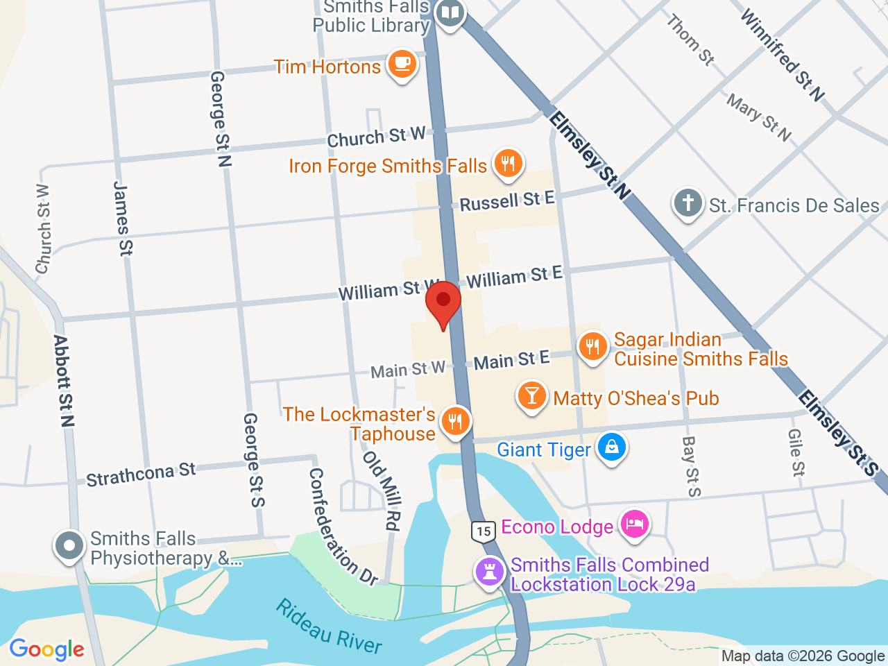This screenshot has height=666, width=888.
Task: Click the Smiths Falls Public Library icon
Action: pyautogui.click(x=450, y=12)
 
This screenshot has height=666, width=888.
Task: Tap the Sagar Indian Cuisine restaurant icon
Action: pyautogui.click(x=592, y=346)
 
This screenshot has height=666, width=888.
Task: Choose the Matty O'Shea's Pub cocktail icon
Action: pyautogui.click(x=531, y=396)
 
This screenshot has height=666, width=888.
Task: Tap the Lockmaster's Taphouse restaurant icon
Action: pyautogui.click(x=455, y=421)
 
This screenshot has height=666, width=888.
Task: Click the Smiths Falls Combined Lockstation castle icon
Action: pyautogui.click(x=490, y=572)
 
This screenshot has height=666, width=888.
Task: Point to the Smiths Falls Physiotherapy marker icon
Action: pyautogui.click(x=69, y=546)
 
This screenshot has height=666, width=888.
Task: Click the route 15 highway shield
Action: pyautogui.click(x=484, y=531)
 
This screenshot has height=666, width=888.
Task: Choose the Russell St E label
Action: pyautogui.click(x=507, y=201)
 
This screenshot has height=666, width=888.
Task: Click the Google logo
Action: pyautogui.click(x=46, y=650)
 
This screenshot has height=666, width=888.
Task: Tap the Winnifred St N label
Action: pyautogui.click(x=783, y=55)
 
